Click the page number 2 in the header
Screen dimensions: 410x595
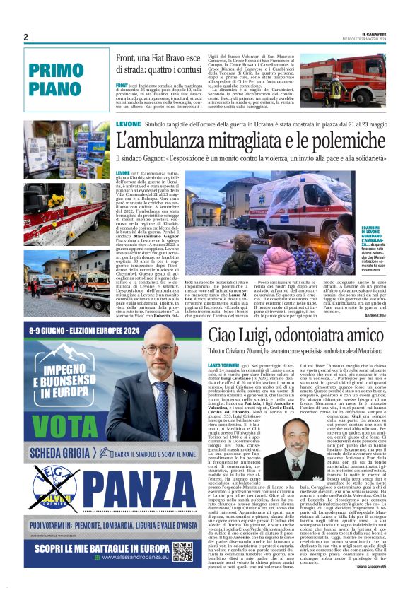(25, 37)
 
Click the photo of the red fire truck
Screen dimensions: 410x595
(343, 79)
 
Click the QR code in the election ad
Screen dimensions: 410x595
(182, 552)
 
